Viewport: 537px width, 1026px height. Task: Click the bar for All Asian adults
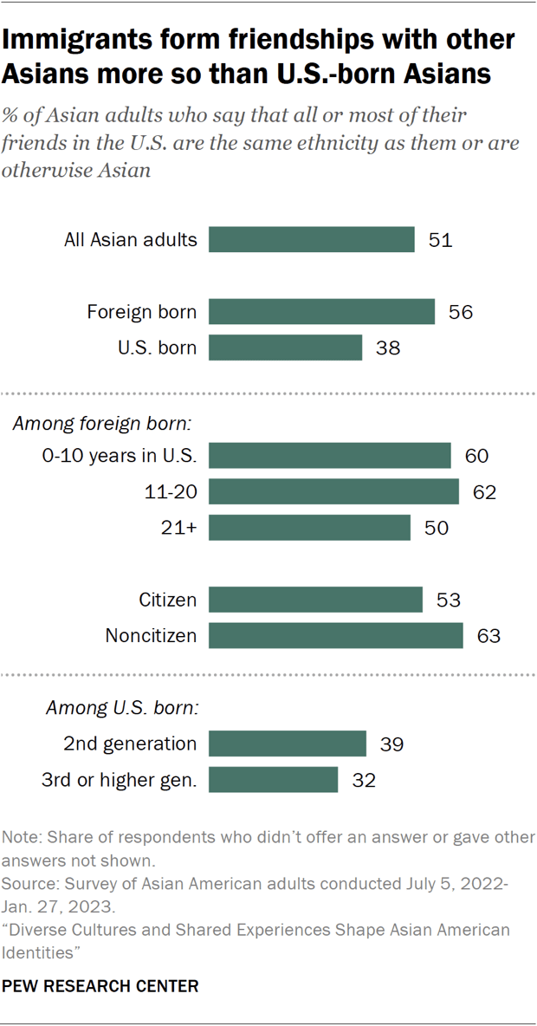pyautogui.click(x=312, y=240)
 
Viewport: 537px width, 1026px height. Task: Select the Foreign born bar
pyautogui.click(x=321, y=312)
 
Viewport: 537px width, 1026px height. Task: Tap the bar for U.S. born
pyautogui.click(x=285, y=348)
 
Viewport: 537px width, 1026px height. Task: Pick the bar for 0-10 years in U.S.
pyautogui.click(x=330, y=456)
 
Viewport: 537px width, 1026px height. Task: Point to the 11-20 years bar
pyautogui.click(x=333, y=492)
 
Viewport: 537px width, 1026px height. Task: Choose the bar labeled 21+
pyautogui.click(x=309, y=528)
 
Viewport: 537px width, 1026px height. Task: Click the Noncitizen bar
pyautogui.click(x=336, y=635)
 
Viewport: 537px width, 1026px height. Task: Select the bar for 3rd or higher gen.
pyautogui.click(x=273, y=779)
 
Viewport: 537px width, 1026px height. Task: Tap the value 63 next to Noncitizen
pyautogui.click(x=489, y=636)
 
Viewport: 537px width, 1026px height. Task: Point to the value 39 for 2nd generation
pyautogui.click(x=392, y=744)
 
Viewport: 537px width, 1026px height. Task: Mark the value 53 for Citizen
pyautogui.click(x=449, y=600)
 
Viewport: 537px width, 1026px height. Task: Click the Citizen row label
pyautogui.click(x=167, y=600)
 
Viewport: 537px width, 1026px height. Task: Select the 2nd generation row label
pyautogui.click(x=130, y=744)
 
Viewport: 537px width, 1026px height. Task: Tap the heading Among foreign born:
pyautogui.click(x=100, y=425)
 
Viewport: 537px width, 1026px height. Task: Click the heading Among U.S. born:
pyautogui.click(x=122, y=708)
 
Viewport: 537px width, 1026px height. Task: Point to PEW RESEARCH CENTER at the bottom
pyautogui.click(x=100, y=986)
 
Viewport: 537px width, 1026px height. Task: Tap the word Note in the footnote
pyautogui.click(x=22, y=838)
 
